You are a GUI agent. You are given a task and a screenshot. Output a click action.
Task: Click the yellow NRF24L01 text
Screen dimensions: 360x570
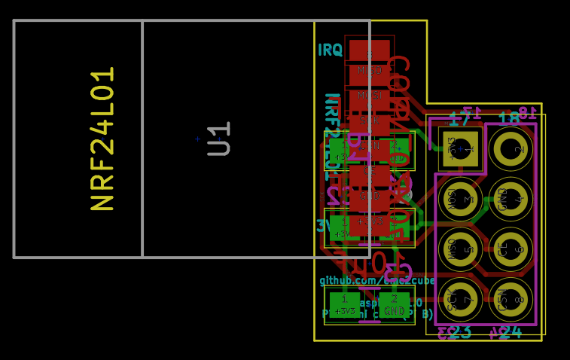pyautogui.click(x=103, y=139)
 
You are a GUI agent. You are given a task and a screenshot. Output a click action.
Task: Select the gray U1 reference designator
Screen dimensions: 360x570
pyautogui.click(x=219, y=139)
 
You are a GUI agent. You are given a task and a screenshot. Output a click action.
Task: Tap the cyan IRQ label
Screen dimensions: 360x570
pyautogui.click(x=330, y=50)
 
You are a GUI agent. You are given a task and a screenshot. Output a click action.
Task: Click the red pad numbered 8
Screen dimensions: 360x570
pyautogui.click(x=369, y=51)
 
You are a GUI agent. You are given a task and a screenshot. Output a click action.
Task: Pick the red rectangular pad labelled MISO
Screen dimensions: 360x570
pyautogui.click(x=369, y=71)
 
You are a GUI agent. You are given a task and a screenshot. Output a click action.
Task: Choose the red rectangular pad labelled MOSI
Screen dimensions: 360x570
pyautogui.click(x=369, y=96)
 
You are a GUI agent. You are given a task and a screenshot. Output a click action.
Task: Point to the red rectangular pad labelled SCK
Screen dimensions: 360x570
pyautogui.click(x=369, y=121)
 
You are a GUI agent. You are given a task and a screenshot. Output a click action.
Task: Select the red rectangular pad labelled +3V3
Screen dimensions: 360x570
pyautogui.click(x=369, y=221)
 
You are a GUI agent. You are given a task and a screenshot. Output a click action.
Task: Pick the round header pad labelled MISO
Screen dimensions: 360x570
pyautogui.click(x=461, y=249)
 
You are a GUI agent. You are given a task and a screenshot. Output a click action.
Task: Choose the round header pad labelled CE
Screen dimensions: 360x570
pyautogui.click(x=511, y=249)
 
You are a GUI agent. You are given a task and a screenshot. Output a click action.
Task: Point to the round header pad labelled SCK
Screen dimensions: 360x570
pyautogui.click(x=461, y=300)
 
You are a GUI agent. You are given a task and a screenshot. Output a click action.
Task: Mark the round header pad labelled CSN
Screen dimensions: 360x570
pyautogui.click(x=511, y=300)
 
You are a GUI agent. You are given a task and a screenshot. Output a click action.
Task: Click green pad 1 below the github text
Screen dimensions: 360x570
pyautogui.click(x=344, y=304)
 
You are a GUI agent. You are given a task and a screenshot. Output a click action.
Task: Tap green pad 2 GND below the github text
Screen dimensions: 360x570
pyautogui.click(x=394, y=304)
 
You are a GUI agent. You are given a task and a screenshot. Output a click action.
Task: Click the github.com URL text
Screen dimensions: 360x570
pyautogui.click(x=377, y=280)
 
